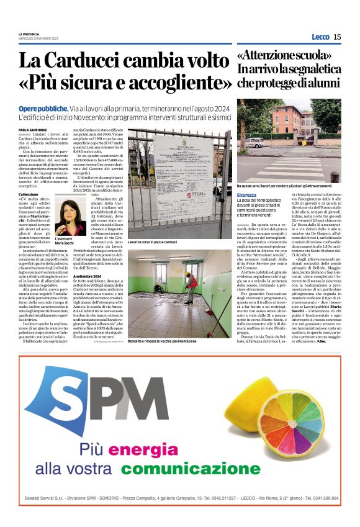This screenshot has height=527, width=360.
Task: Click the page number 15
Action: pos(337,37)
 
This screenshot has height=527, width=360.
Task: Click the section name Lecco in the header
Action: pos(320,37)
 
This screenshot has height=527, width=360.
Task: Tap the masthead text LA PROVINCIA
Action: pos(29,33)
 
